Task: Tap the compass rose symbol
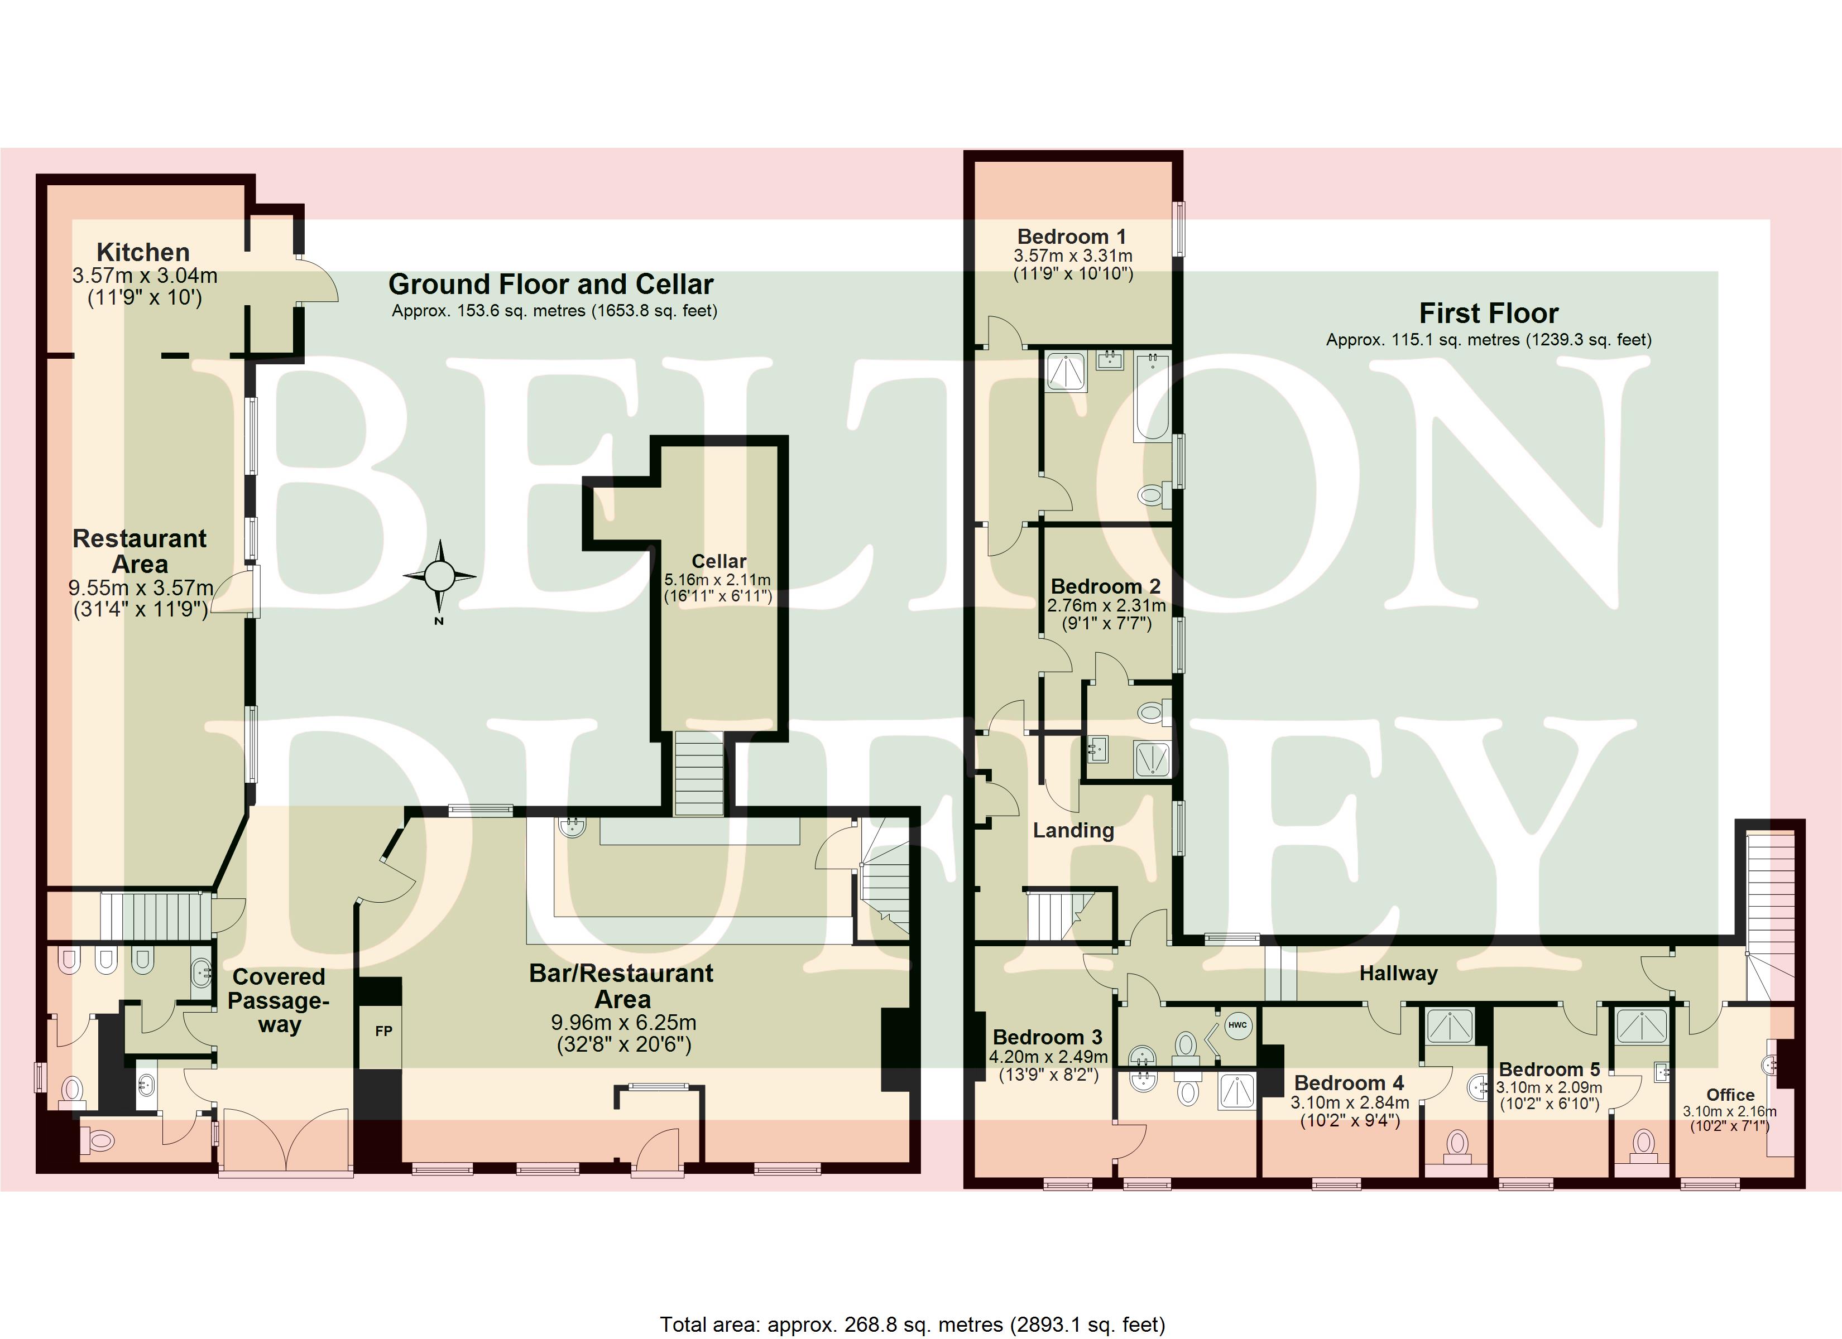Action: coord(439,576)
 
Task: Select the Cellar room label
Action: coord(719,561)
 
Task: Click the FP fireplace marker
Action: coord(383,1031)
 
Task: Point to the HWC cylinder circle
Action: coord(1237,1025)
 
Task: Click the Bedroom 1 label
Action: coord(1072,237)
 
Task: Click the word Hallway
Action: coord(1399,973)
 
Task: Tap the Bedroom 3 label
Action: coord(1048,1037)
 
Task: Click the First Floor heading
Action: coord(1489,314)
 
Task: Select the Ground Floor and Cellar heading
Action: coord(551,284)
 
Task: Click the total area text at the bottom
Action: coord(912,1324)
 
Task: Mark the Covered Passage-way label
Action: coord(279,1000)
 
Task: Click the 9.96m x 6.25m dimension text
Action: coord(623,1022)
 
